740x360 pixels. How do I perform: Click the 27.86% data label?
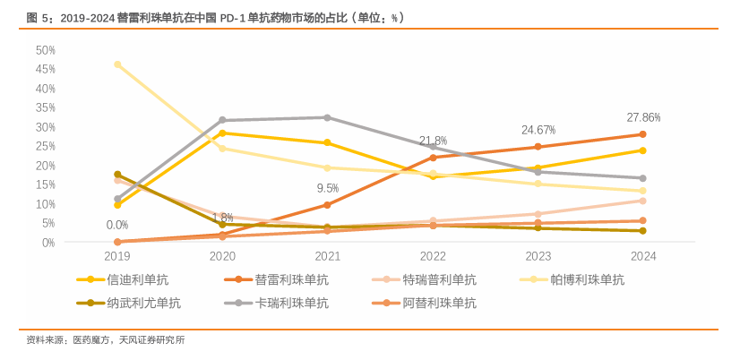pyautogui.click(x=643, y=117)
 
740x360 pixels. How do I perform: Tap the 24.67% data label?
pyautogui.click(x=538, y=130)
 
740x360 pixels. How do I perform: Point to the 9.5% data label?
pyautogui.click(x=327, y=188)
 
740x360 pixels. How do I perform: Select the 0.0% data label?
pyautogui.click(x=116, y=225)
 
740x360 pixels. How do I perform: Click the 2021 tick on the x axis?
pyautogui.click(x=327, y=256)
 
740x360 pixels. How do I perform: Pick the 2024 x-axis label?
pyautogui.click(x=643, y=256)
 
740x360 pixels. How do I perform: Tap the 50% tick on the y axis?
pyautogui.click(x=46, y=50)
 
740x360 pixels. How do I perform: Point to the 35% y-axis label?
pyautogui.click(x=46, y=107)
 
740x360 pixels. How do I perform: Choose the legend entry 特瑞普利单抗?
pyautogui.click(x=439, y=280)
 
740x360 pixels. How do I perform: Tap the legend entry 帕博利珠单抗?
pyautogui.click(x=587, y=280)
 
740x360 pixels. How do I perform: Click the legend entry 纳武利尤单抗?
pyautogui.click(x=143, y=303)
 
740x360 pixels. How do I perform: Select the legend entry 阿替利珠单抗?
pyautogui.click(x=439, y=303)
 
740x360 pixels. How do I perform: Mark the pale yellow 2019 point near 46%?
pyautogui.click(x=117, y=64)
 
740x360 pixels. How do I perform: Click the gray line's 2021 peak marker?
pyautogui.click(x=327, y=117)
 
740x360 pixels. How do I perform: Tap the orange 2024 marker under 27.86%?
pyautogui.click(x=643, y=134)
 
